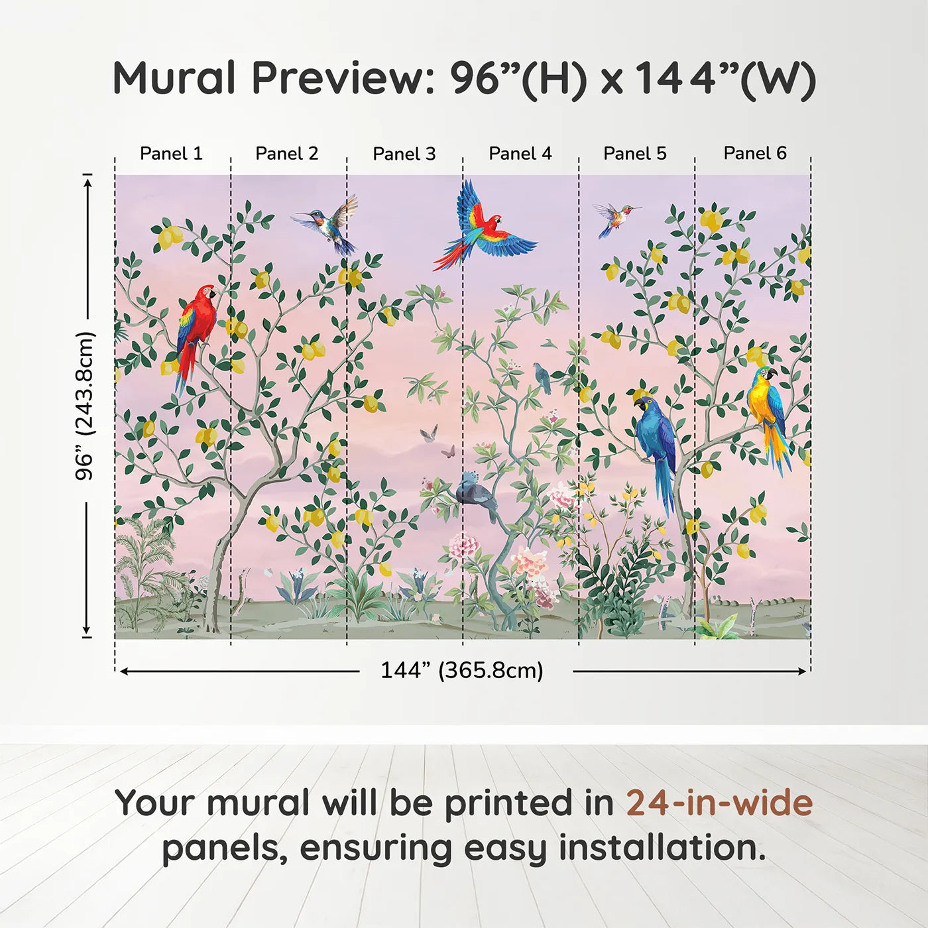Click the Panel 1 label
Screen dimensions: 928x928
tap(171, 153)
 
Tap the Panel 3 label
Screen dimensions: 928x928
tap(404, 154)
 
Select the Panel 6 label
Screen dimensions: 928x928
tap(754, 152)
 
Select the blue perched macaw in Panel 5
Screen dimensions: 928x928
tap(656, 448)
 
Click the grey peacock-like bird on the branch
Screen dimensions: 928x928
tap(477, 494)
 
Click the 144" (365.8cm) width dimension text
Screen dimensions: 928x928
tap(462, 670)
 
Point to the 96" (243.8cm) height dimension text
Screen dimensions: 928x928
tap(85, 406)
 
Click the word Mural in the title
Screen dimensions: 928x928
tap(174, 78)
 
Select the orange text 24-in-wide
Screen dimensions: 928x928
tap(719, 803)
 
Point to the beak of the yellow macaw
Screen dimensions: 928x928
tap(772, 374)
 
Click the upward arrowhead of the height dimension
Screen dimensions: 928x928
tap(87, 183)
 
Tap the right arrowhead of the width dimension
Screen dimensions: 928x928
tap(802, 671)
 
